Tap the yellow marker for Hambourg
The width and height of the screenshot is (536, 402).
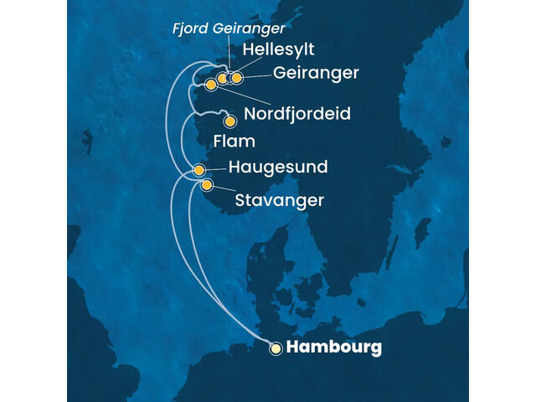pyautogui.click(x=276, y=349)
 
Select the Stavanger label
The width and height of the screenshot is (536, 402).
pyautogui.click(x=279, y=201)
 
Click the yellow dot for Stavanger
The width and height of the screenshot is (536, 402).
pyautogui.click(x=207, y=184)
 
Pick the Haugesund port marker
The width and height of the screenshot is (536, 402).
pyautogui.click(x=199, y=170)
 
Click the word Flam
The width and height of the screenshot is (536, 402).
pyautogui.click(x=234, y=142)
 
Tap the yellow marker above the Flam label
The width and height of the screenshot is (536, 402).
pyautogui.click(x=230, y=122)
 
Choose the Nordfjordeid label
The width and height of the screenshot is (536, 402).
pyautogui.click(x=297, y=113)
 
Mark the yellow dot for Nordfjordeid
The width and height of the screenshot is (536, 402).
pyautogui.click(x=211, y=85)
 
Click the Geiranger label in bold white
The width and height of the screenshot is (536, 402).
pyautogui.click(x=316, y=74)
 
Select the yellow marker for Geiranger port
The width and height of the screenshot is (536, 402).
pyautogui.click(x=236, y=78)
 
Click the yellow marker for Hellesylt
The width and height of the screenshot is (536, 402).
pyautogui.click(x=222, y=79)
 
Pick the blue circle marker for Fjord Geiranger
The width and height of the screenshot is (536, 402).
pyautogui.click(x=229, y=79)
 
